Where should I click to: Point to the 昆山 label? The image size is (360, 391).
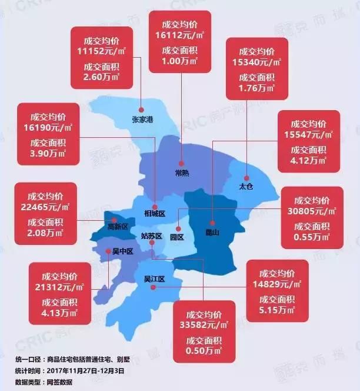pyautogui.click(x=212, y=232)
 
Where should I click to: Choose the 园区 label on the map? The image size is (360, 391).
pyautogui.click(x=176, y=237)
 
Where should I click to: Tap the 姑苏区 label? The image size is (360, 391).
pyautogui.click(x=151, y=236)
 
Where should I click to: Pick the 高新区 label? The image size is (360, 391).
pyautogui.click(x=109, y=226)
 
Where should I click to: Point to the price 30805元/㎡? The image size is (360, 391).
pyautogui.click(x=311, y=211)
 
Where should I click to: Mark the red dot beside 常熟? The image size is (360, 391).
pyautogui.click(x=181, y=163)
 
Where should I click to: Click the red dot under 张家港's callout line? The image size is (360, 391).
pyautogui.click(x=142, y=108)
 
